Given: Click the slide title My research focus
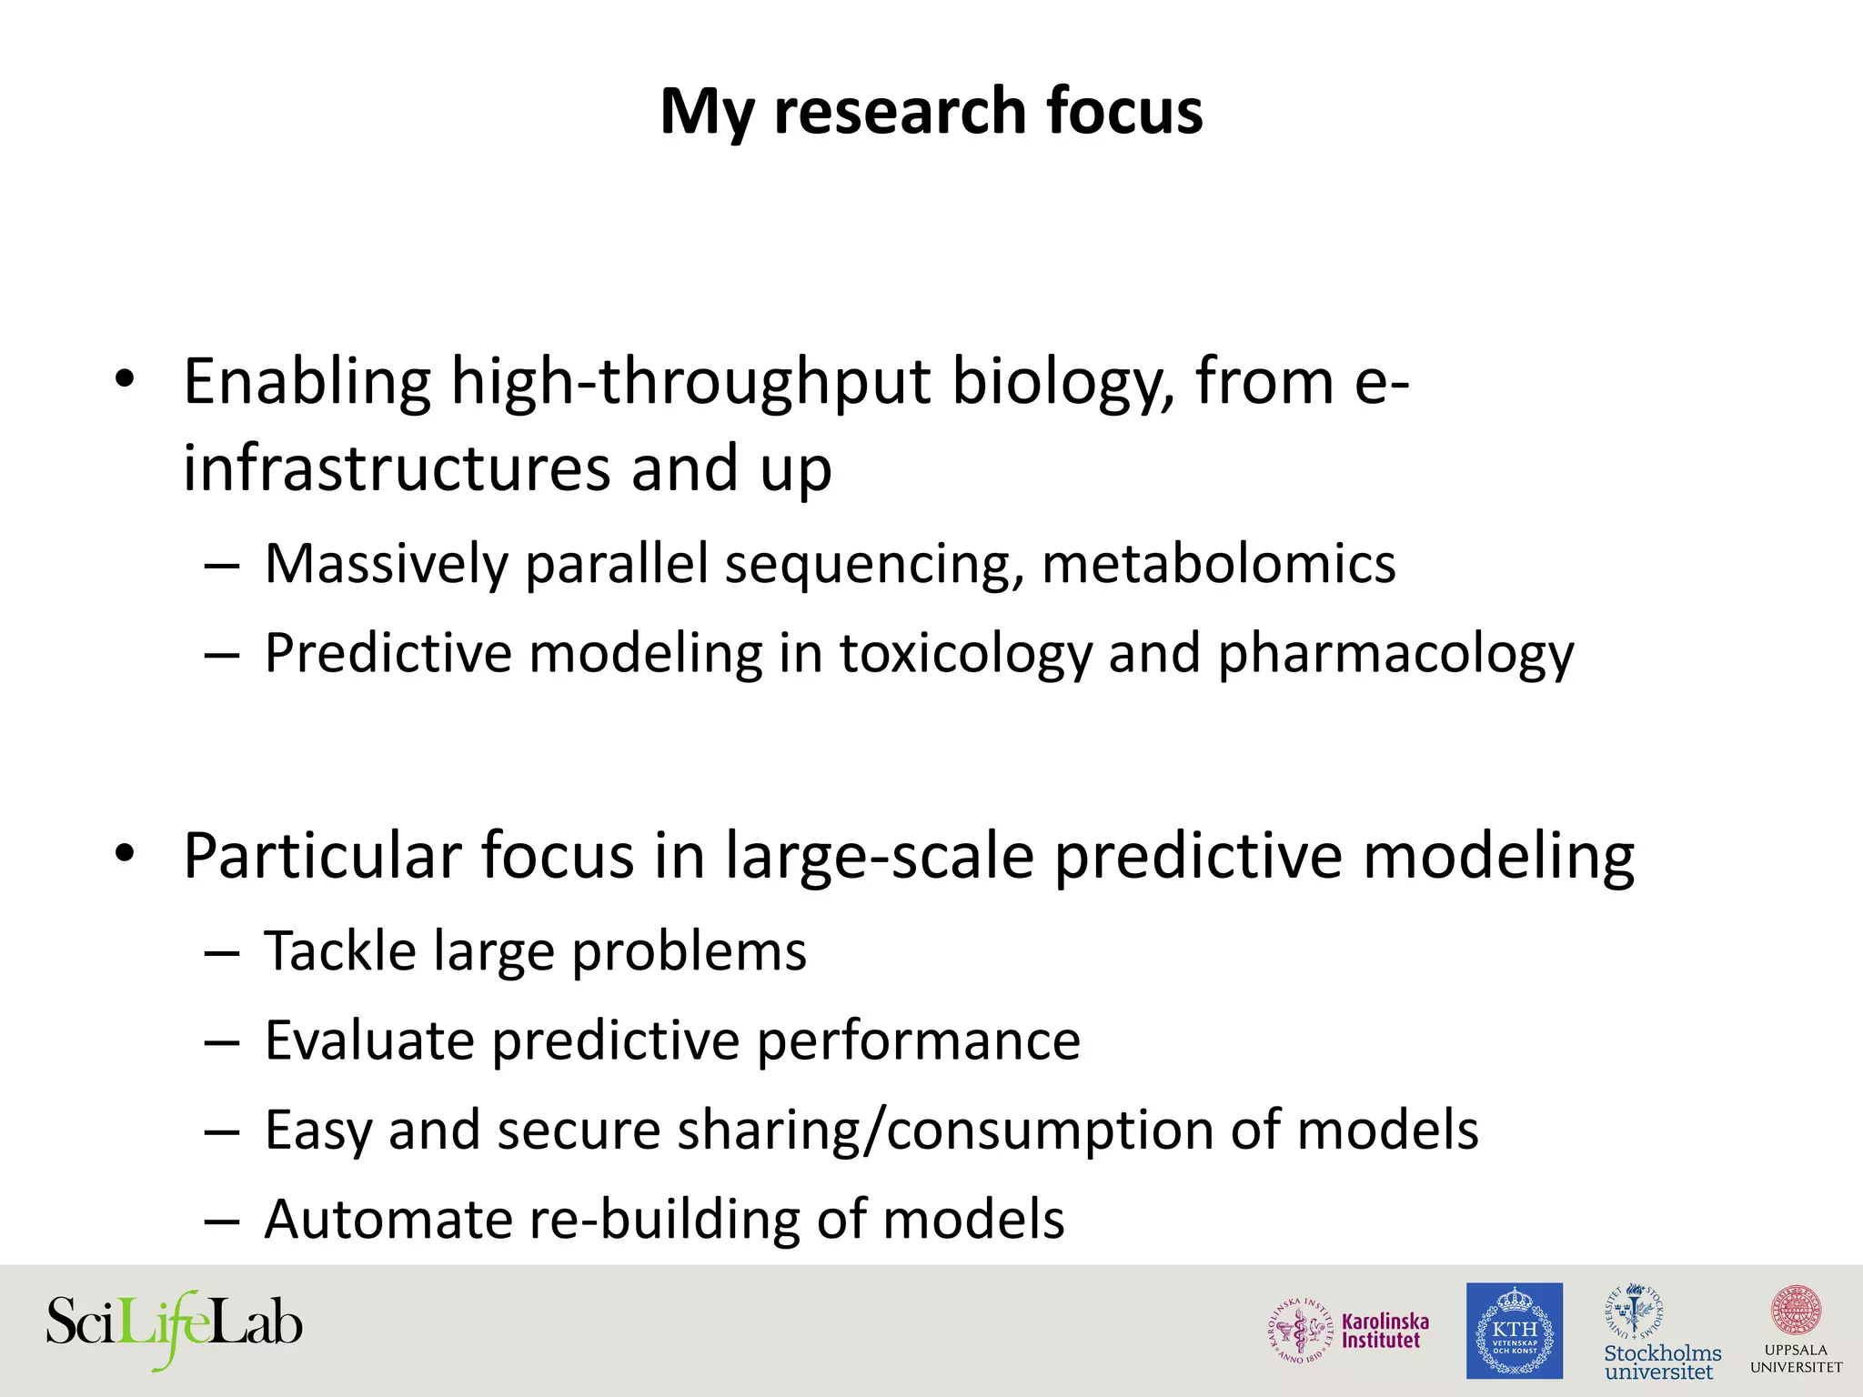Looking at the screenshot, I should click(x=931, y=111).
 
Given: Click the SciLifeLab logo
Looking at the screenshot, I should click(x=174, y=1325).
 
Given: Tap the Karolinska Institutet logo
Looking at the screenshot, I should click(x=1349, y=1331).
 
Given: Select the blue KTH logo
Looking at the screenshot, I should click(x=1514, y=1331).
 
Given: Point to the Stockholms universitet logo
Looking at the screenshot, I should click(x=1661, y=1332).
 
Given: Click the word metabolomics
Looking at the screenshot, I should click(x=1218, y=565).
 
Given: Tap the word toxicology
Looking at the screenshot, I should click(x=964, y=654).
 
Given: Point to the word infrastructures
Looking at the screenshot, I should click(x=397, y=469).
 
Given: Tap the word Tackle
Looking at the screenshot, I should click(x=340, y=952).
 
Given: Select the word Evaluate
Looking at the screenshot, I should click(x=369, y=1040).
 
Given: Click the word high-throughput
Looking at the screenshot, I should click(x=690, y=382).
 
